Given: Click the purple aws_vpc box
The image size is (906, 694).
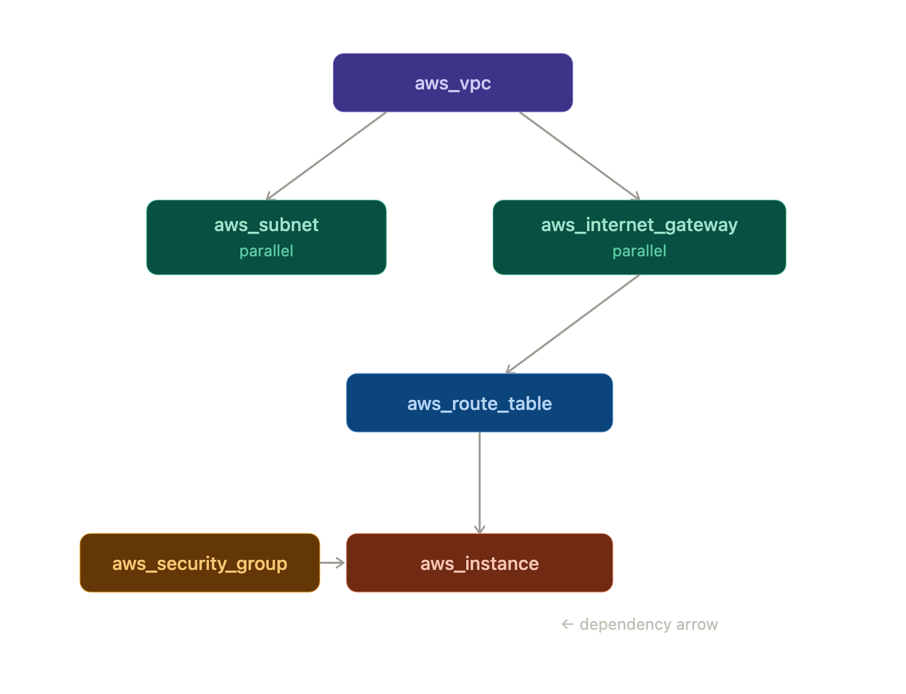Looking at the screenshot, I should (x=452, y=83).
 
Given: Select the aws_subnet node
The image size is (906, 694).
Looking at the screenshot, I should (x=266, y=237).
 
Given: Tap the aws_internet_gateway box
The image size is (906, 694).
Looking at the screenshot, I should (x=639, y=237).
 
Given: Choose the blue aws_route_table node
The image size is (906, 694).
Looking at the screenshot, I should (x=479, y=403).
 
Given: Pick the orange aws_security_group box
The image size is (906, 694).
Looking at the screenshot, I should (x=199, y=563).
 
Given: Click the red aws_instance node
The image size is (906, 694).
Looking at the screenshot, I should (x=479, y=563).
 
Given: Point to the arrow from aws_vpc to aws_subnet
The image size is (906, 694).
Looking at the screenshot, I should (x=326, y=156).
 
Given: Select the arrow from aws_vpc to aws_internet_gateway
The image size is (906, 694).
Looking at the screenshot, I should (x=579, y=156).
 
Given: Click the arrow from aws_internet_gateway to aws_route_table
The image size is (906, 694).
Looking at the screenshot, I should (x=573, y=324).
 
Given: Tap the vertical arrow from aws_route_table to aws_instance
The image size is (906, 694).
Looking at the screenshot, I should (x=479, y=482).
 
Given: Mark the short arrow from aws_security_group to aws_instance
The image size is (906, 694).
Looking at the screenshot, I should (x=332, y=562).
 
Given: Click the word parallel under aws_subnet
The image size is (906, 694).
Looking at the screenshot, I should (x=266, y=251).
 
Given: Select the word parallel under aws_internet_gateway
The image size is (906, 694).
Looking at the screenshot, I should (x=639, y=251).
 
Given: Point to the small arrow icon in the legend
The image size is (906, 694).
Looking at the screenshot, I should (x=568, y=624).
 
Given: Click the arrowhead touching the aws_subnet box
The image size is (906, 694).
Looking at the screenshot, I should (x=269, y=196).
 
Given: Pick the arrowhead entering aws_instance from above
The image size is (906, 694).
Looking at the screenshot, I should (x=479, y=529).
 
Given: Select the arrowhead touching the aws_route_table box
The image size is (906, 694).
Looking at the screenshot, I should (x=510, y=370).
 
